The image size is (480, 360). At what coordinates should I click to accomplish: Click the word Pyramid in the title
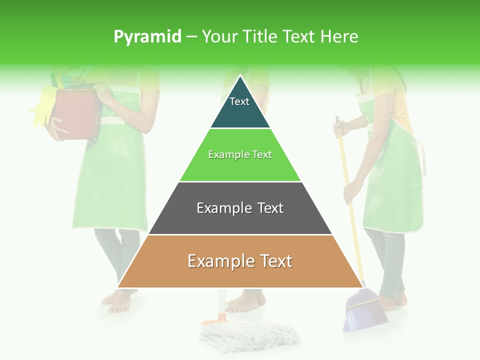tap(147, 36)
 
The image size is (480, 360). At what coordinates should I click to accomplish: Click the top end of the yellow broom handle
tap(337, 121)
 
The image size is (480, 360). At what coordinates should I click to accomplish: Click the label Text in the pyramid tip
tap(239, 101)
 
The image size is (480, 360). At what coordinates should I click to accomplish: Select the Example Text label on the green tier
tap(240, 154)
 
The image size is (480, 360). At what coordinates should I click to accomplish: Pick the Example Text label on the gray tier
tap(240, 208)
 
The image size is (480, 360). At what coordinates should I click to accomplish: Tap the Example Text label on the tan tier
tap(240, 261)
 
